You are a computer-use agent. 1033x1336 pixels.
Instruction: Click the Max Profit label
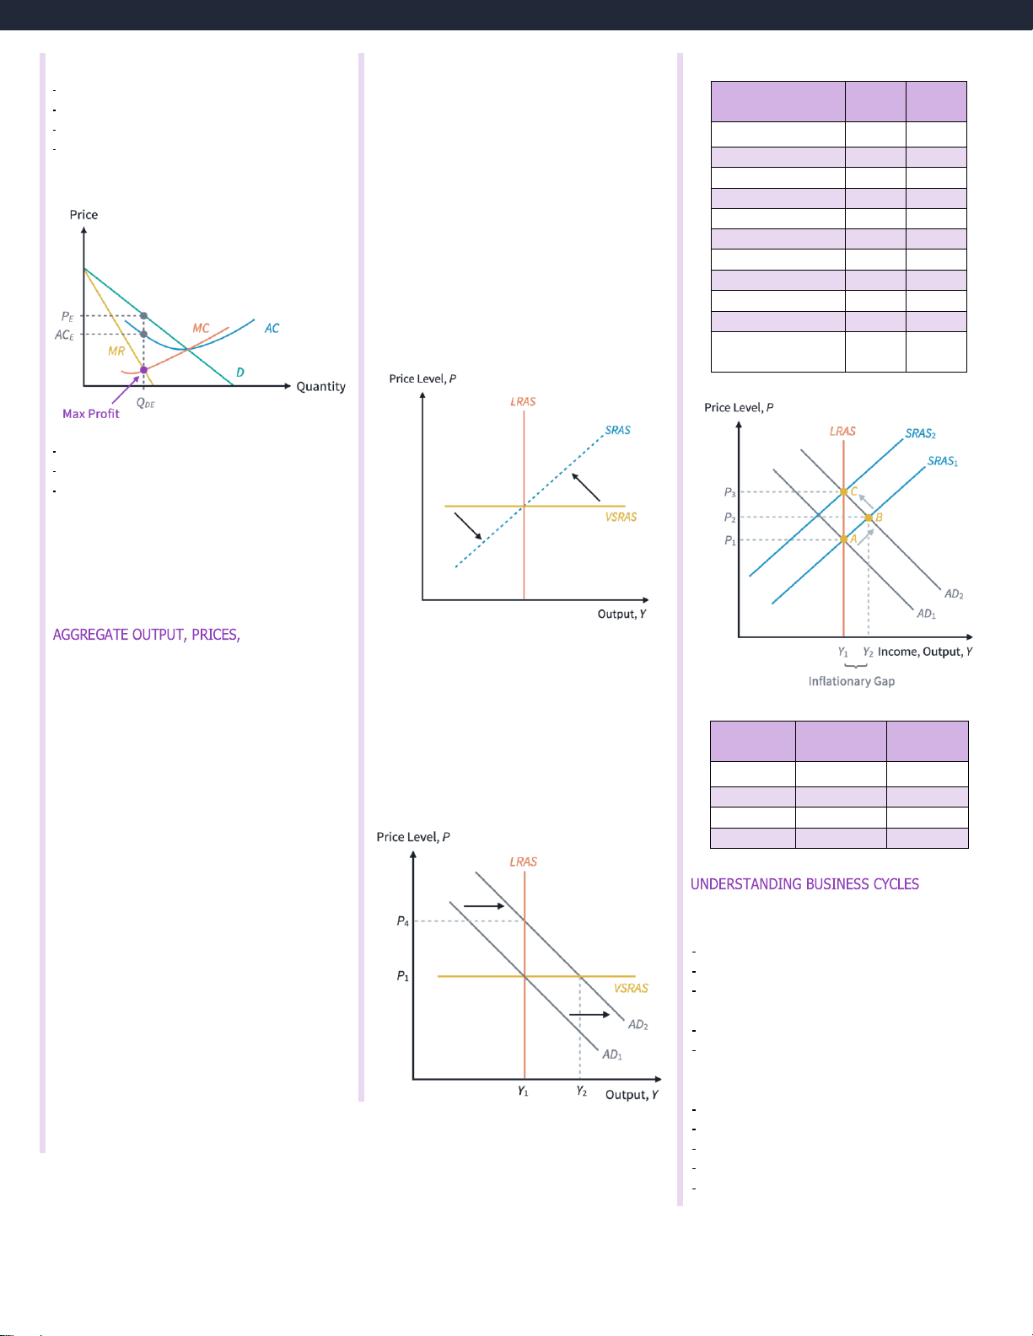pos(91,414)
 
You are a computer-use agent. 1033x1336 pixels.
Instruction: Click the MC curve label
pos(201,328)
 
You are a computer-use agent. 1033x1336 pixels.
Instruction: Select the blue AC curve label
pos(272,328)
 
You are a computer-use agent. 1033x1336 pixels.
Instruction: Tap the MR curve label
pos(116,351)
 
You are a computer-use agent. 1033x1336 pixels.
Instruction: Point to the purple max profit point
pos(143,369)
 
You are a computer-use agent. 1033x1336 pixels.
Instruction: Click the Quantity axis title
pos(320,387)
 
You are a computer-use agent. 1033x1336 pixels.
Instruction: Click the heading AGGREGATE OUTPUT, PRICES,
pos(147,635)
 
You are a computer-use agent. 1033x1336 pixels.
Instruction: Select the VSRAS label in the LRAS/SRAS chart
pos(621,517)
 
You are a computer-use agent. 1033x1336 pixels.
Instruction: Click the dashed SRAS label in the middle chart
pos(617,430)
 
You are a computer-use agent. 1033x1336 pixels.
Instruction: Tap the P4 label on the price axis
pos(403,921)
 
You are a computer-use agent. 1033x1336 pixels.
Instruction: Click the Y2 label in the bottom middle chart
pos(582,1092)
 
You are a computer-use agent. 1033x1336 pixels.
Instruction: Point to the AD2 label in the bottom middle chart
pos(638,1025)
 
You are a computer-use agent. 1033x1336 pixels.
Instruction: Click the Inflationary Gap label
pos(852,681)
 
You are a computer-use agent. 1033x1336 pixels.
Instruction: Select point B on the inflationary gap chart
pos(869,518)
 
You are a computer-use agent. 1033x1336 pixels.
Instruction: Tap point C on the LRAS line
pos(844,491)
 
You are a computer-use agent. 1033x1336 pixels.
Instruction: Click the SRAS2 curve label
pos(920,433)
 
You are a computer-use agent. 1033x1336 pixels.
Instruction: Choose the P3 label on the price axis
pos(729,492)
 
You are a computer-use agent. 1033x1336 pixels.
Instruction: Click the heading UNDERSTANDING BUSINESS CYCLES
pos(804,884)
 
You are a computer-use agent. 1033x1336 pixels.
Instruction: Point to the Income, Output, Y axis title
pos(925,652)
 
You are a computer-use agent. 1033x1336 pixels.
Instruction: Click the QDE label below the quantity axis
pos(146,403)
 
